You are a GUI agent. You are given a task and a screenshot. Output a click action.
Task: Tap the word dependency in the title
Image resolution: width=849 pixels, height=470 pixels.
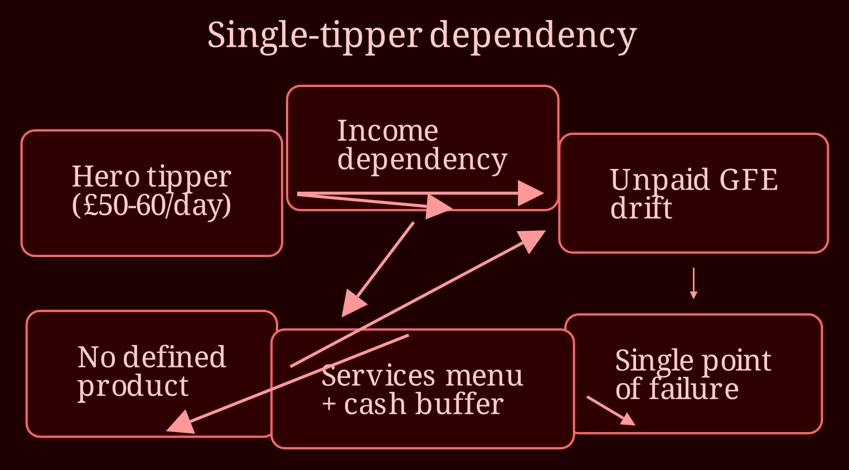533,37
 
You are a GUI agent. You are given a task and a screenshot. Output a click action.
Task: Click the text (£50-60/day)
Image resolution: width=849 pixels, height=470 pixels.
152,205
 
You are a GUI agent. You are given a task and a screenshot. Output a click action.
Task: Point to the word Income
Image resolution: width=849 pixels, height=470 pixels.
388,131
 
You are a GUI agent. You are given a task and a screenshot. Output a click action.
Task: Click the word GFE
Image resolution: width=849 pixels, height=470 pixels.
749,180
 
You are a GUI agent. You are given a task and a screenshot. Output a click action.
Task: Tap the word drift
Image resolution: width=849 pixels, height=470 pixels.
641,208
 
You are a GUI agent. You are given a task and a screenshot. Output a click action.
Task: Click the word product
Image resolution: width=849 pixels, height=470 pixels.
133,386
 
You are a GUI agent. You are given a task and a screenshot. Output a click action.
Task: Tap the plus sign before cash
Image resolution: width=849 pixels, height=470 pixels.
329,405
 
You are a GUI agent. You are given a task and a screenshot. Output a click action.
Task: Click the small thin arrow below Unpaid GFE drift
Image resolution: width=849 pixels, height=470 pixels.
693,284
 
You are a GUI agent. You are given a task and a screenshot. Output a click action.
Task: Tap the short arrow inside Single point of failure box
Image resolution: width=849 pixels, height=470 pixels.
611,411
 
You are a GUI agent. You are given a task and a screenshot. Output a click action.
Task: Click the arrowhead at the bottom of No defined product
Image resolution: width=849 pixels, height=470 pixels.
181,423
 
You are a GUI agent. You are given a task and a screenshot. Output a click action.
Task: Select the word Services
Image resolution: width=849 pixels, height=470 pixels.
379,376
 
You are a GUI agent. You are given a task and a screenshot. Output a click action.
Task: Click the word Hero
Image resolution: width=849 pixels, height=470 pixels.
106,177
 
